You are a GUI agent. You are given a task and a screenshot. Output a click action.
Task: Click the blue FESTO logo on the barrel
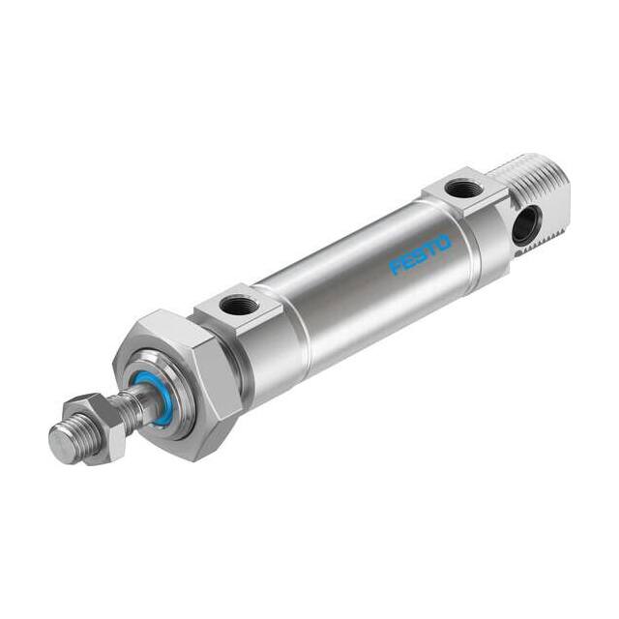pos(420,255)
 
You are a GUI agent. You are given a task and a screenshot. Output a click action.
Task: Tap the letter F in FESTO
pos(396,267)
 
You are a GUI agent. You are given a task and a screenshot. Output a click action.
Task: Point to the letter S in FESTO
pos(421,254)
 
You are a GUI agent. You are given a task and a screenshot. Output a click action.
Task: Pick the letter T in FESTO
pos(431,249)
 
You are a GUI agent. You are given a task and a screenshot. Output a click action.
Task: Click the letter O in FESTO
pos(444,243)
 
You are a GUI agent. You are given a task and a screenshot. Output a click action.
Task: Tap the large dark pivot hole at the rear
pos(525,225)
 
